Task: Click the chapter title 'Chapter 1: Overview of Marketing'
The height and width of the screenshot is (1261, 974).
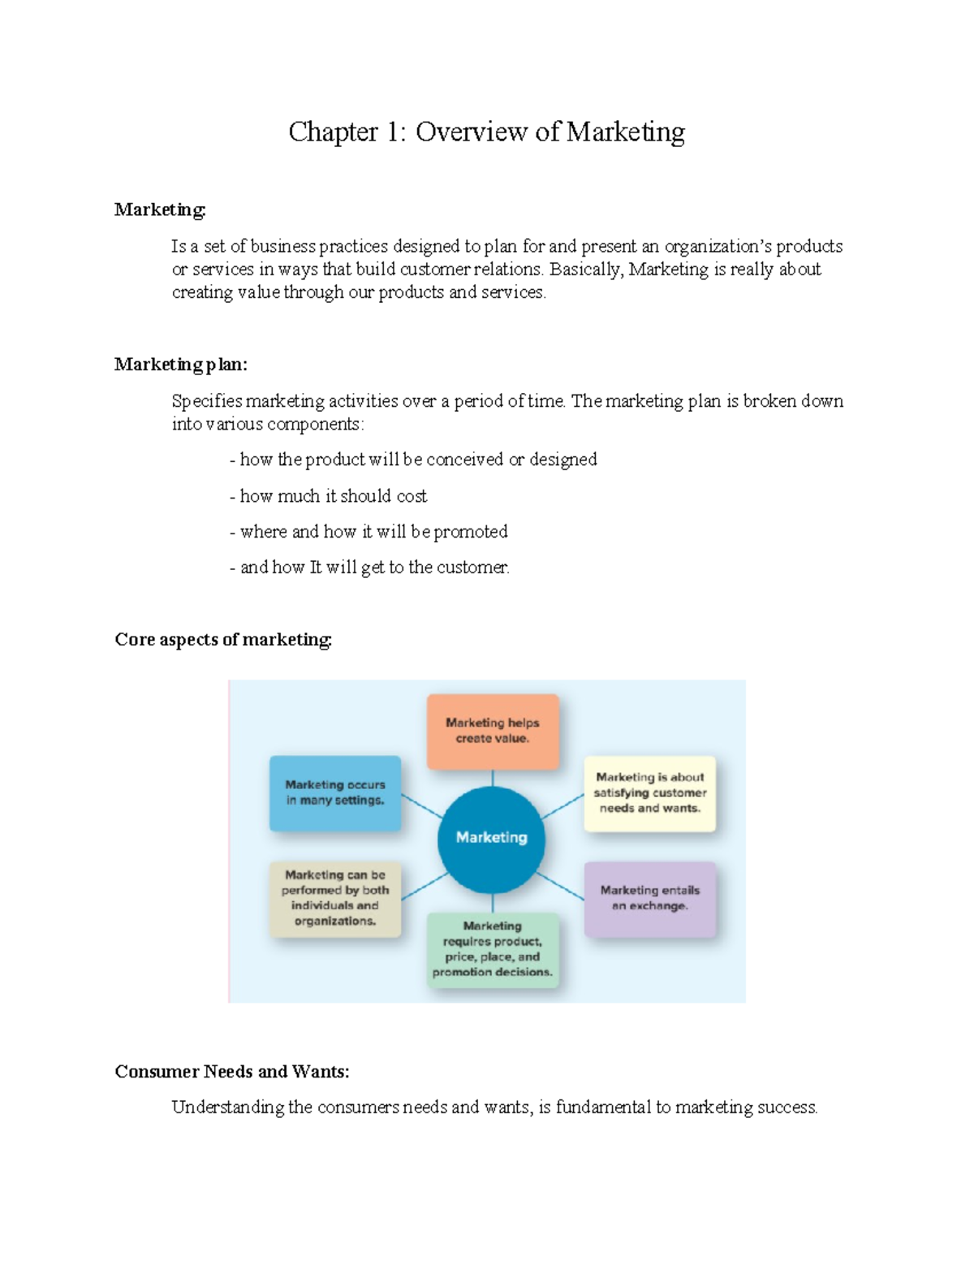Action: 486,132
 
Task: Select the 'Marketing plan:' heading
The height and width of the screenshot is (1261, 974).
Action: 180,365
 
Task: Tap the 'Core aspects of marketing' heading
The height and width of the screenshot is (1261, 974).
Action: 223,640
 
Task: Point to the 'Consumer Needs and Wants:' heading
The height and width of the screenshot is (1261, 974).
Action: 232,1072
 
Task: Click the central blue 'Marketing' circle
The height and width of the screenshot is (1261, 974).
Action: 491,838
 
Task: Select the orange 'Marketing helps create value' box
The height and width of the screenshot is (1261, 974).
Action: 493,731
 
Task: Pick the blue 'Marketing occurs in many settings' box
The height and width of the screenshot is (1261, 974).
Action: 335,792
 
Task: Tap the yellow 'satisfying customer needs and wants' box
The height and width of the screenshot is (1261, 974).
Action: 649,793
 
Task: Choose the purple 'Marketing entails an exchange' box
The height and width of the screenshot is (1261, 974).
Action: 649,898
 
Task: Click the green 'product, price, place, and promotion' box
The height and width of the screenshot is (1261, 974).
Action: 493,949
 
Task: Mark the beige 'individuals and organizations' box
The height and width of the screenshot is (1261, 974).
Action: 335,898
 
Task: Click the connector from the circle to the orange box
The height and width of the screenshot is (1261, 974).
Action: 493,778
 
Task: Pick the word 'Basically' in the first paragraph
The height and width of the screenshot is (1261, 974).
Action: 586,270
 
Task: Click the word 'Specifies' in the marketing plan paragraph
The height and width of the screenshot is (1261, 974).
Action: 207,401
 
